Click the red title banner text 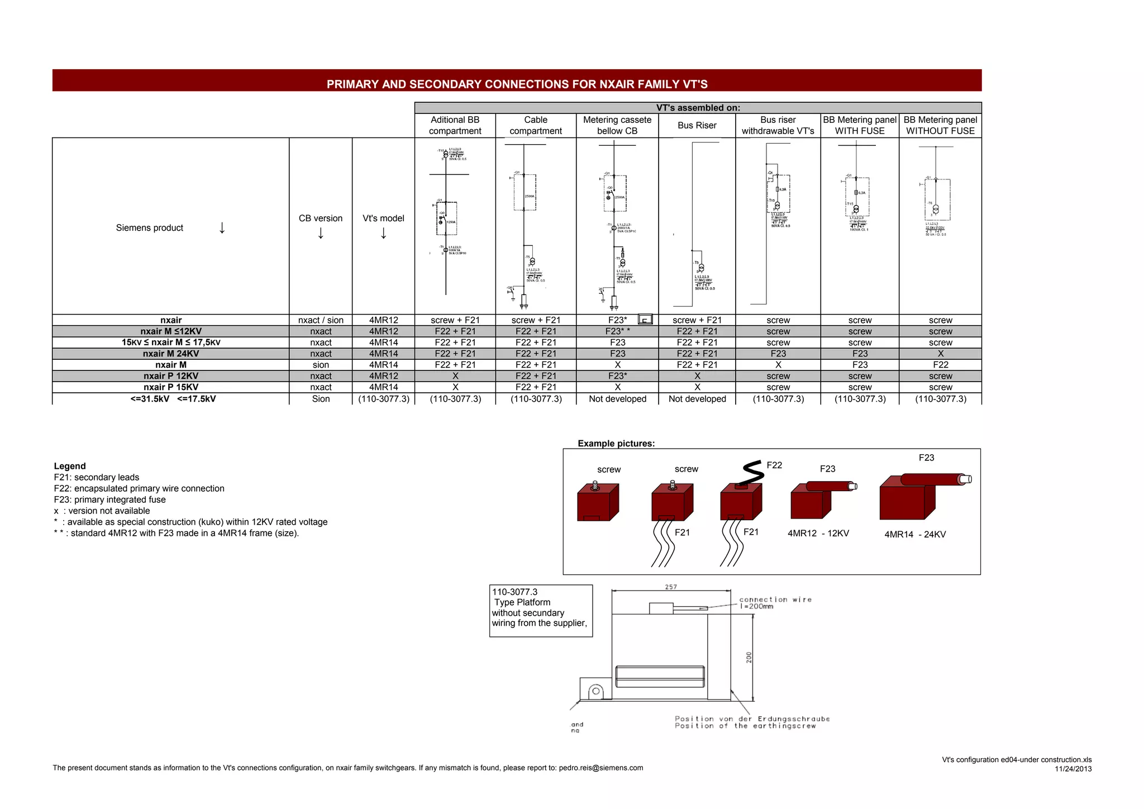point(517,84)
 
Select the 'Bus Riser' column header point(697,126)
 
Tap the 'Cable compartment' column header point(535,126)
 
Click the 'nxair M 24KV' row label point(170,354)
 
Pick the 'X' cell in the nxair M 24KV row point(940,354)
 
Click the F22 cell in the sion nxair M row point(940,365)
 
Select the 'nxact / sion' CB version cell point(321,320)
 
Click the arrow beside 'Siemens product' point(222,228)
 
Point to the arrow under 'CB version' point(321,234)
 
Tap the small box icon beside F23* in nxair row point(645,320)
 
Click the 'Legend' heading point(70,466)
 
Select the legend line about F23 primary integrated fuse point(110,499)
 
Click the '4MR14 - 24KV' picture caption point(915,535)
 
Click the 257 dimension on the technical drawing point(671,587)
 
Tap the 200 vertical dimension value point(749,657)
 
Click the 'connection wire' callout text point(775,599)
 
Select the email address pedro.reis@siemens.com point(601,768)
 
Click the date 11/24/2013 point(1073,769)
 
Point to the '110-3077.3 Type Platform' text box point(540,611)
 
